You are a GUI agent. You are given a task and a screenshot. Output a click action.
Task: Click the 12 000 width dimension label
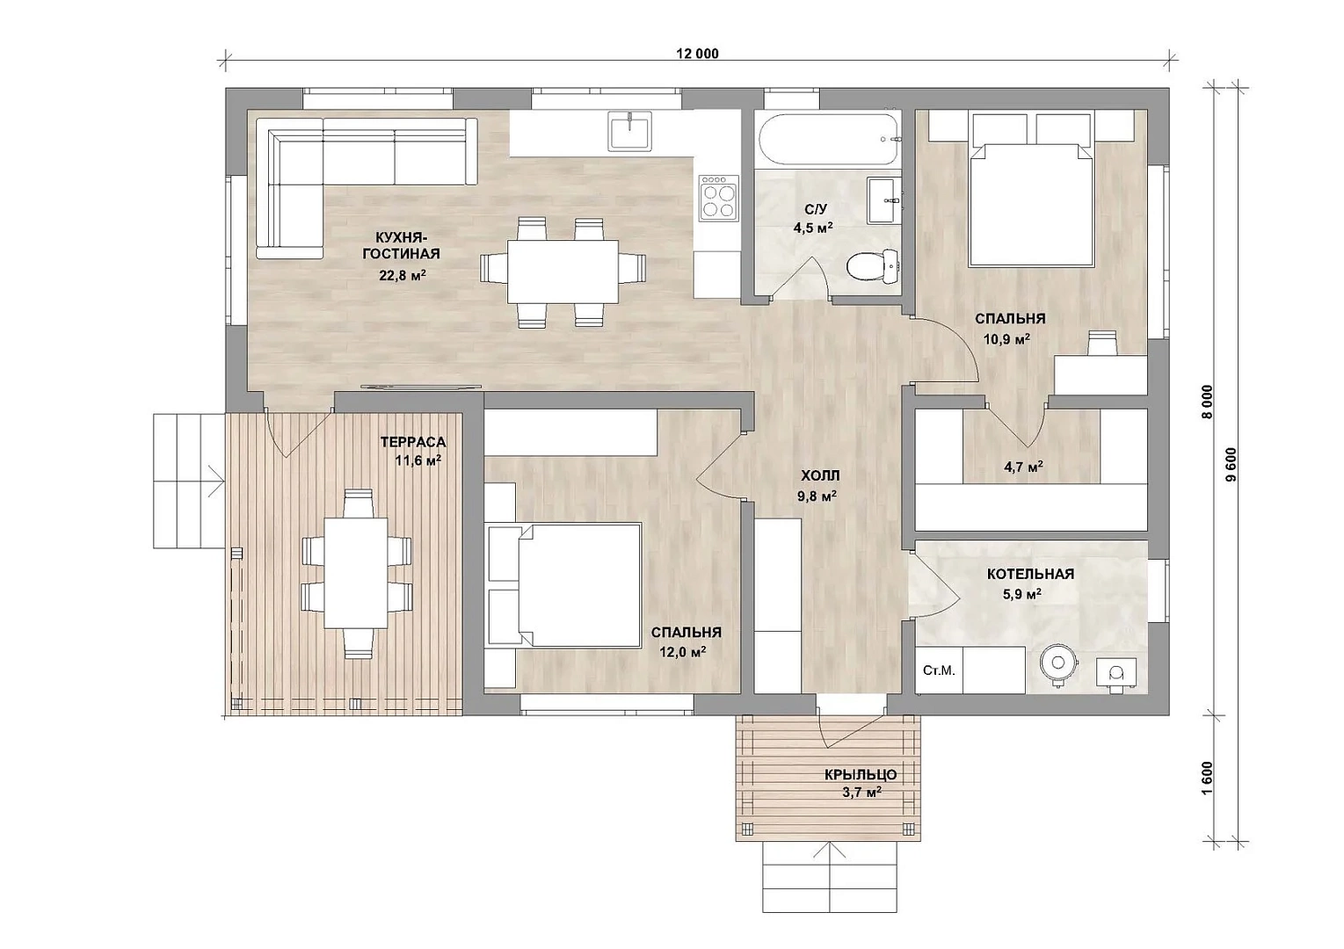(697, 54)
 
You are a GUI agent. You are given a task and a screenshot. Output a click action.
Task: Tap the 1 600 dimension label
(1208, 778)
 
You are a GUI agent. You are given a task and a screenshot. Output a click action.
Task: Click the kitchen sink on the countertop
(629, 131)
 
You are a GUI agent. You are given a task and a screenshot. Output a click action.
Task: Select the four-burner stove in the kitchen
(719, 198)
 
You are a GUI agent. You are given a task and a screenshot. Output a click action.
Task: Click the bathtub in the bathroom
(829, 139)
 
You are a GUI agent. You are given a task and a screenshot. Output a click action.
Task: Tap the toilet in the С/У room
(874, 265)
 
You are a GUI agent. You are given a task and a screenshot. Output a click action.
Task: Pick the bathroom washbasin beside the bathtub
(883, 199)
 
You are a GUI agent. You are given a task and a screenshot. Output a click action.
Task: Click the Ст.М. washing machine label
(939, 670)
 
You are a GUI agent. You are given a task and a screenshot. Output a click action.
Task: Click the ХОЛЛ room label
(820, 475)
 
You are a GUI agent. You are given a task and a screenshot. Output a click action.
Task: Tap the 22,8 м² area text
(402, 275)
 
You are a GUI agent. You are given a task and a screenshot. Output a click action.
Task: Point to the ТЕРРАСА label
(413, 442)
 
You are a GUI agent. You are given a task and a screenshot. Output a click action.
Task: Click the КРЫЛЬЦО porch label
(861, 774)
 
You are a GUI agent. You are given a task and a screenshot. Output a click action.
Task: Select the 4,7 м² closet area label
(1023, 466)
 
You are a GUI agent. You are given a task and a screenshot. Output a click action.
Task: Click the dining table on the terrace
(356, 573)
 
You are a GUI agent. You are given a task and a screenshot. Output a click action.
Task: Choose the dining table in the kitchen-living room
(563, 272)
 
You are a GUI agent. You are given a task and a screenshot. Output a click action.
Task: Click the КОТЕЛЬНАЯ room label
(1030, 574)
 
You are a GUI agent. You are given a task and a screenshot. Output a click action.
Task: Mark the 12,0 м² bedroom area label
(683, 651)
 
